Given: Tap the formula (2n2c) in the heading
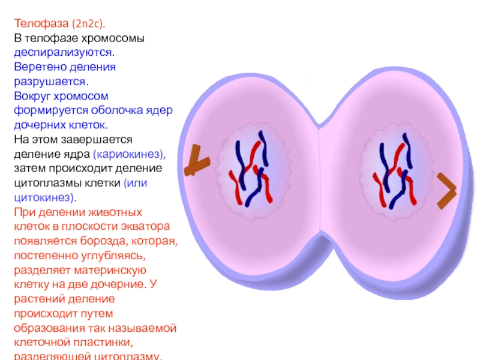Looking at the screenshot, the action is coord(88,24).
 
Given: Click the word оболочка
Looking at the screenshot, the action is coord(121,110).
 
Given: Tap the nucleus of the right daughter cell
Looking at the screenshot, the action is coord(392,170).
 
